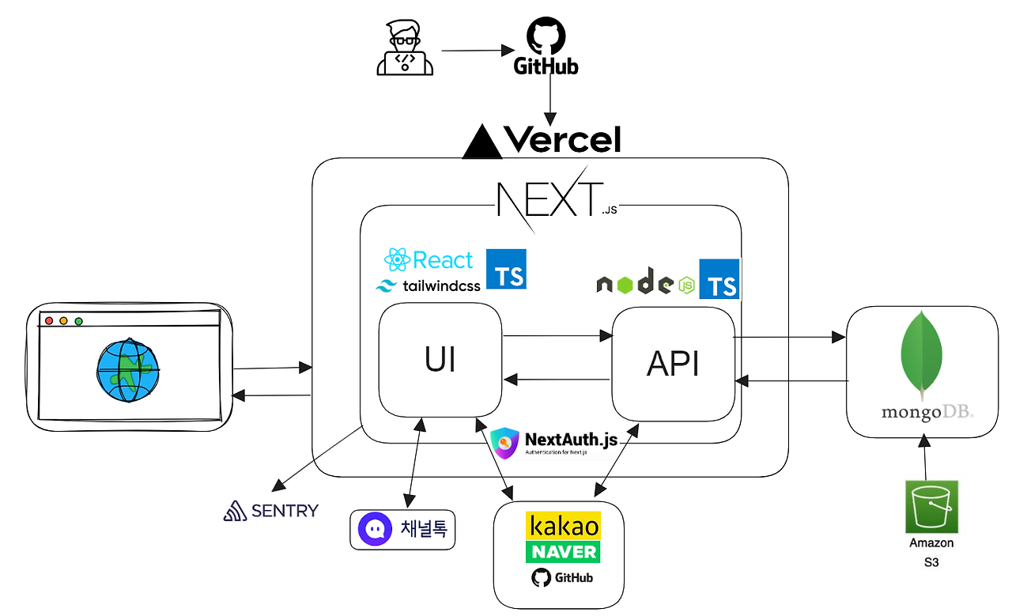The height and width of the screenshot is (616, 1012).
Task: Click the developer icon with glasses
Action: (x=405, y=49)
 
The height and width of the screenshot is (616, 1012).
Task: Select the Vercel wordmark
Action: (x=562, y=139)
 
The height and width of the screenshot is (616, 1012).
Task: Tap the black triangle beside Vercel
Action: (x=481, y=142)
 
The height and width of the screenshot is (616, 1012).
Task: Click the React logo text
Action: (x=429, y=260)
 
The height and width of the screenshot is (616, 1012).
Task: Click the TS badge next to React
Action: (x=506, y=269)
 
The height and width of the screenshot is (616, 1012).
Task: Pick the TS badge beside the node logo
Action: (x=719, y=279)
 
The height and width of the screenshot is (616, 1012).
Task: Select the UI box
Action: (x=440, y=361)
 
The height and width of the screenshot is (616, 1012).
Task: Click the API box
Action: (x=673, y=364)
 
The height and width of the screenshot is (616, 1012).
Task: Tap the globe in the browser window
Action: (x=128, y=370)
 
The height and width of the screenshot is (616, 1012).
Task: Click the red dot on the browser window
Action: (x=49, y=321)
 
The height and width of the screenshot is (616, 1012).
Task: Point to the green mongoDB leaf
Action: (x=920, y=355)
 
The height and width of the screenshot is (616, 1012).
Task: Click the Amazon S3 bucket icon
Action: (x=932, y=507)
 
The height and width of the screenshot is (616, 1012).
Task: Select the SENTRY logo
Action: (x=270, y=511)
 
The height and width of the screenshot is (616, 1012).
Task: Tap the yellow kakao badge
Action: (x=563, y=526)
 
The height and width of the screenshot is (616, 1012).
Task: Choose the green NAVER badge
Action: (x=563, y=551)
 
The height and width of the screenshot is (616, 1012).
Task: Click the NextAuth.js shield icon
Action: (x=505, y=444)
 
